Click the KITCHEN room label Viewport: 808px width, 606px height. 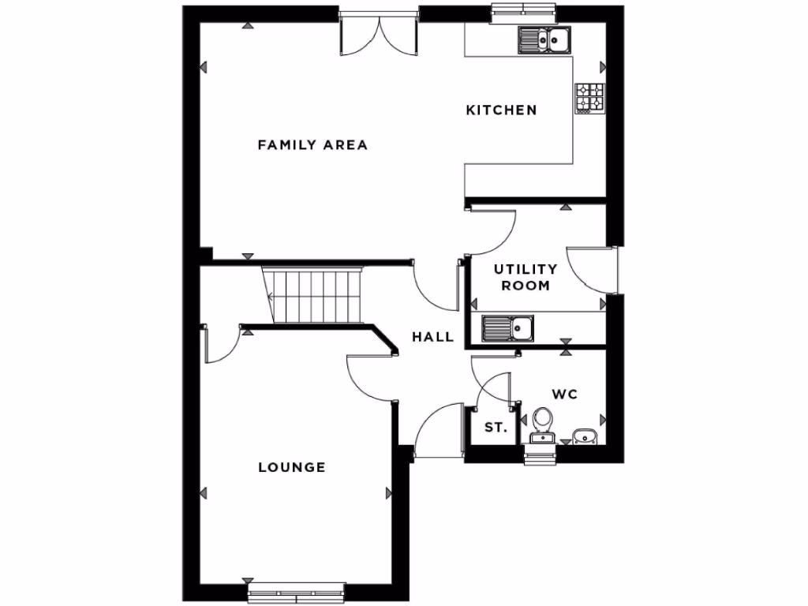(x=501, y=110)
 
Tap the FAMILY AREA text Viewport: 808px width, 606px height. (x=312, y=144)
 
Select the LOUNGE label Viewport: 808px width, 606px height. (x=292, y=467)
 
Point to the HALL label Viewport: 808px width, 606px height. (x=433, y=337)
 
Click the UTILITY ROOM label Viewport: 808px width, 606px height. (x=526, y=278)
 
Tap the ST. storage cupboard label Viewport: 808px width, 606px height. (x=495, y=428)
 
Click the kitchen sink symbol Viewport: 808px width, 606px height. (x=544, y=39)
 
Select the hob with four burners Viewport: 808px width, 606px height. (x=589, y=99)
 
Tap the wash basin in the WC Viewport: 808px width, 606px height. (x=585, y=435)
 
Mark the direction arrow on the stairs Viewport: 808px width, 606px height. (x=273, y=297)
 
